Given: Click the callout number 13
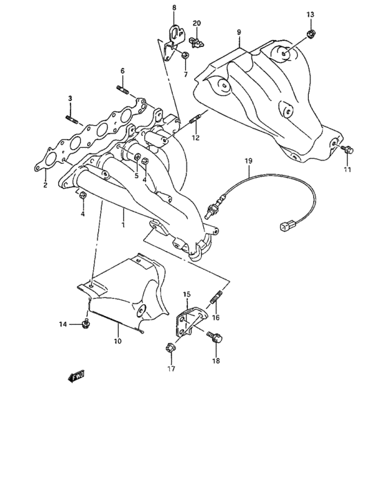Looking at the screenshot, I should (310, 15).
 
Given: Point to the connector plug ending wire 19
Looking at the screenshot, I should (285, 225).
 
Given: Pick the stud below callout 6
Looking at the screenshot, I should (122, 89).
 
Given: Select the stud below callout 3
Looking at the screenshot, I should (71, 119).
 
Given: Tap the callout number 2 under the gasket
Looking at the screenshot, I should (45, 185).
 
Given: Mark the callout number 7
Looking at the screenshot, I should (186, 74).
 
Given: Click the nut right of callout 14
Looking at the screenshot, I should (85, 324).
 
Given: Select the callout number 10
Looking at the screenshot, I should (118, 341).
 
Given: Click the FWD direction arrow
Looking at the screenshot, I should (75, 376).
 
